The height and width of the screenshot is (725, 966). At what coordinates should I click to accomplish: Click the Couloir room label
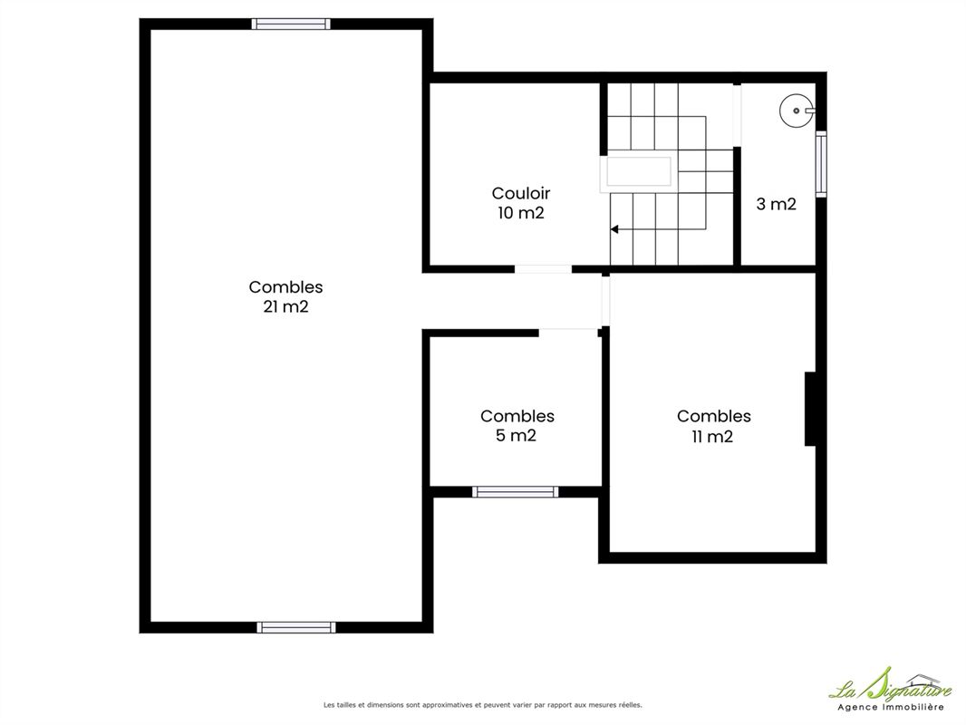pos(520,193)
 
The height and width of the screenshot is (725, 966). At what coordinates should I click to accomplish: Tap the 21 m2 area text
pos(285,306)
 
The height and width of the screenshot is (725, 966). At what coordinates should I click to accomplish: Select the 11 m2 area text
pos(712,437)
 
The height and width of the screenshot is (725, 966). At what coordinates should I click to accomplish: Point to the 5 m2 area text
pos(516,436)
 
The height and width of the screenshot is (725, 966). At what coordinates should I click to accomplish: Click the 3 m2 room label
pos(777,204)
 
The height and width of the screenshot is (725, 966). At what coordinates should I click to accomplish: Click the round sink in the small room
pos(797,111)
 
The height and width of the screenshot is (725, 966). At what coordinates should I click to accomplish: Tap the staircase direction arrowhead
pos(614,230)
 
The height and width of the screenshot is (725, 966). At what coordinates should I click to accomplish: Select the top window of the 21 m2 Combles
pos(291,24)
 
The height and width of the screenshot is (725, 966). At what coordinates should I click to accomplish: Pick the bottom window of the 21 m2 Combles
pos(296,628)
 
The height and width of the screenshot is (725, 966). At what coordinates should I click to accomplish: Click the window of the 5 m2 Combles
pos(515,491)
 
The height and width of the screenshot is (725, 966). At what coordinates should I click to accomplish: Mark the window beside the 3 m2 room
pos(821,164)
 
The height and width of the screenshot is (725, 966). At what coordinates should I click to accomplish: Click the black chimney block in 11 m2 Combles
pos(811,409)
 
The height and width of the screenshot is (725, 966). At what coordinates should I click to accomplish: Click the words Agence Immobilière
pos(890,707)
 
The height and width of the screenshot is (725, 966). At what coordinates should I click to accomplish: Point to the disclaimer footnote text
pos(482,705)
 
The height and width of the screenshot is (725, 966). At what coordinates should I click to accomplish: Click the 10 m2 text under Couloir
pos(520,213)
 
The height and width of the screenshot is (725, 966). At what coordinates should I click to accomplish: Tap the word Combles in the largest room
pos(285,287)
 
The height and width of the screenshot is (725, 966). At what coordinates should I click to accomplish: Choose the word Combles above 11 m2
pos(713,416)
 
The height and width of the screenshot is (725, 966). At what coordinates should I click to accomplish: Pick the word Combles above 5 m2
pos(517,416)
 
